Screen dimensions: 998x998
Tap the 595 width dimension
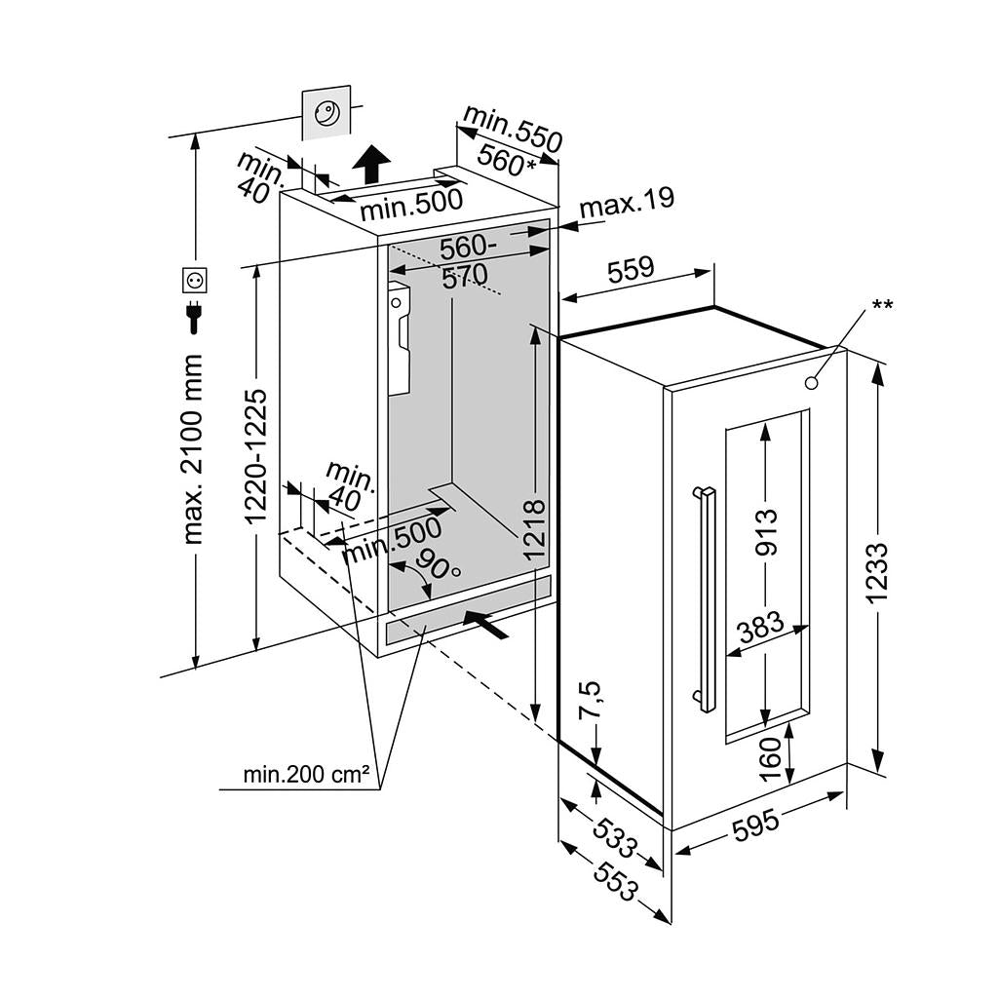pos(756,825)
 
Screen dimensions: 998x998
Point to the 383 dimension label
pos(761,627)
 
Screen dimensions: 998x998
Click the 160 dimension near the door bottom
pos(771,759)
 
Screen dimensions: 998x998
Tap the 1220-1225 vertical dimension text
pos(256,457)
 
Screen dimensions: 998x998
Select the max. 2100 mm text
pos(193,449)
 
